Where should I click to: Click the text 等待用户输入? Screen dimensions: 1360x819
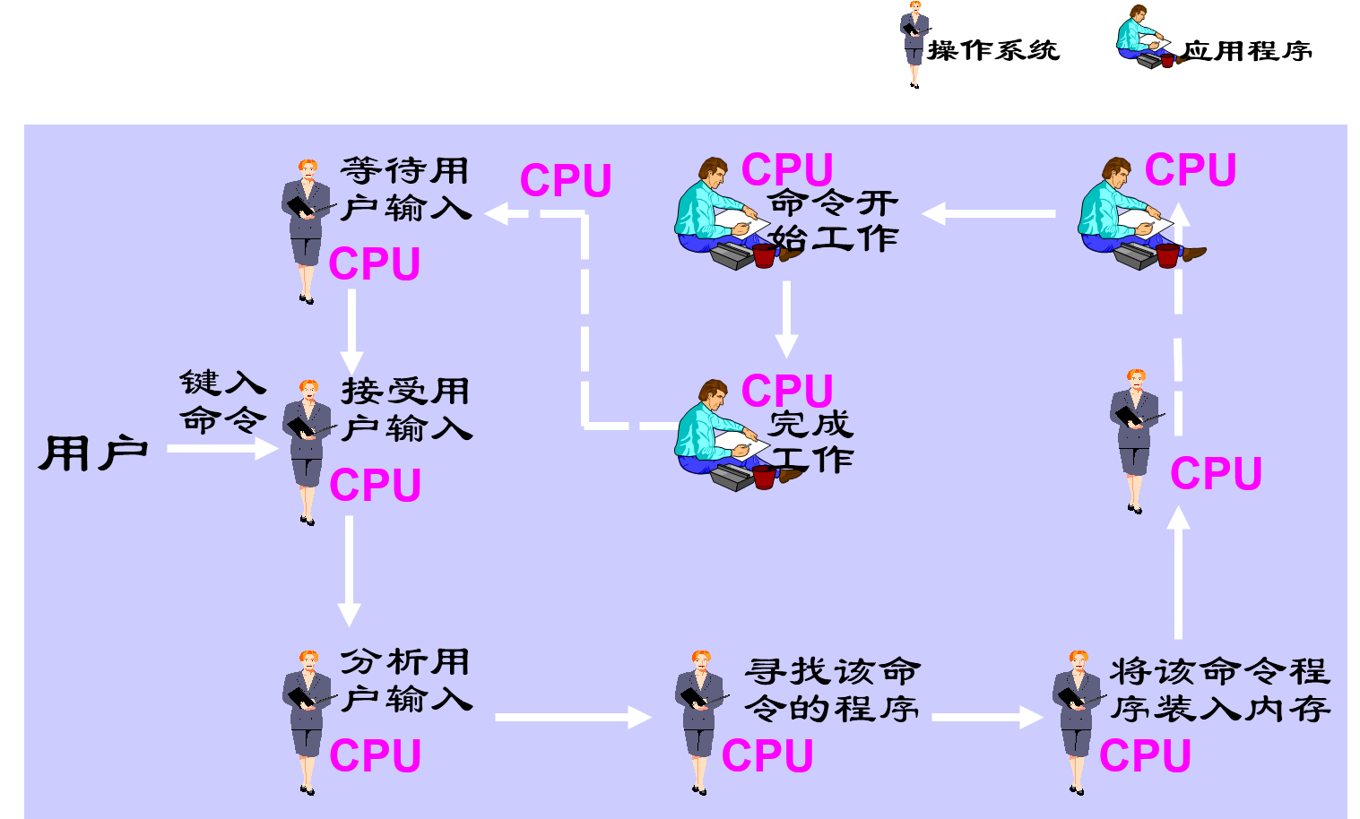coord(405,189)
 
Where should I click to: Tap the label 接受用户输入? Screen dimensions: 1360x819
coord(406,409)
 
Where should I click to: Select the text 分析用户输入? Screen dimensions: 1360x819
coord(406,680)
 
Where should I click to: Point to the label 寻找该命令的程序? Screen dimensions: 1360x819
coord(832,690)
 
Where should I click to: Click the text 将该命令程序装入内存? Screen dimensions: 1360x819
coord(1219,690)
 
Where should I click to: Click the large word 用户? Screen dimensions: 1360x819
coord(92,453)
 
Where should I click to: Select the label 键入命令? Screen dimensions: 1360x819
coord(222,401)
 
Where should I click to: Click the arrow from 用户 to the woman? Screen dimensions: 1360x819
coord(222,448)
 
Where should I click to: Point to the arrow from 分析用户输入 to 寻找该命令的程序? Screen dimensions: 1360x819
coord(572,717)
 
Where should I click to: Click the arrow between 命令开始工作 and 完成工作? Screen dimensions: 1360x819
coord(786,319)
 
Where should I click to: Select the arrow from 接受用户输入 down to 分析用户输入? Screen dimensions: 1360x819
coord(349,571)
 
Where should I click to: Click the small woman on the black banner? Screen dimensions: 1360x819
coord(914,42)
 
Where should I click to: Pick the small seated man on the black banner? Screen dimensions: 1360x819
coord(1147,38)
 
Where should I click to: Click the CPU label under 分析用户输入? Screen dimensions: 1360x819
coord(375,755)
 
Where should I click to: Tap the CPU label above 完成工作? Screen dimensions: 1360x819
coord(787,391)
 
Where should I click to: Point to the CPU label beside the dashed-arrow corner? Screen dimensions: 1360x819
coord(566,180)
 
